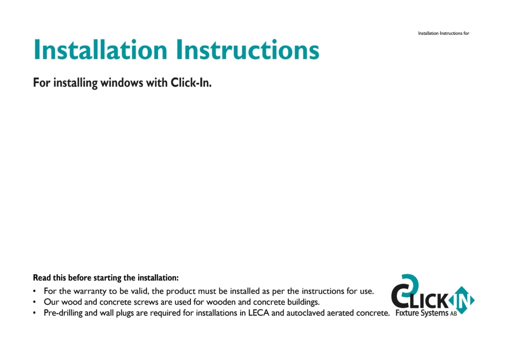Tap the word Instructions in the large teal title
tap(248, 50)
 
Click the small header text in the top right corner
tap(443, 33)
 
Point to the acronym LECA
tap(258, 313)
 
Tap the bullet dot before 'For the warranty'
tap(34, 291)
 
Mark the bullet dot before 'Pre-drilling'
tap(34, 313)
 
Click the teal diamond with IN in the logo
tap(461, 300)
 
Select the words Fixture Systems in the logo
tap(422, 313)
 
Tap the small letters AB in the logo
tap(453, 314)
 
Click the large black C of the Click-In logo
tap(402, 296)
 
